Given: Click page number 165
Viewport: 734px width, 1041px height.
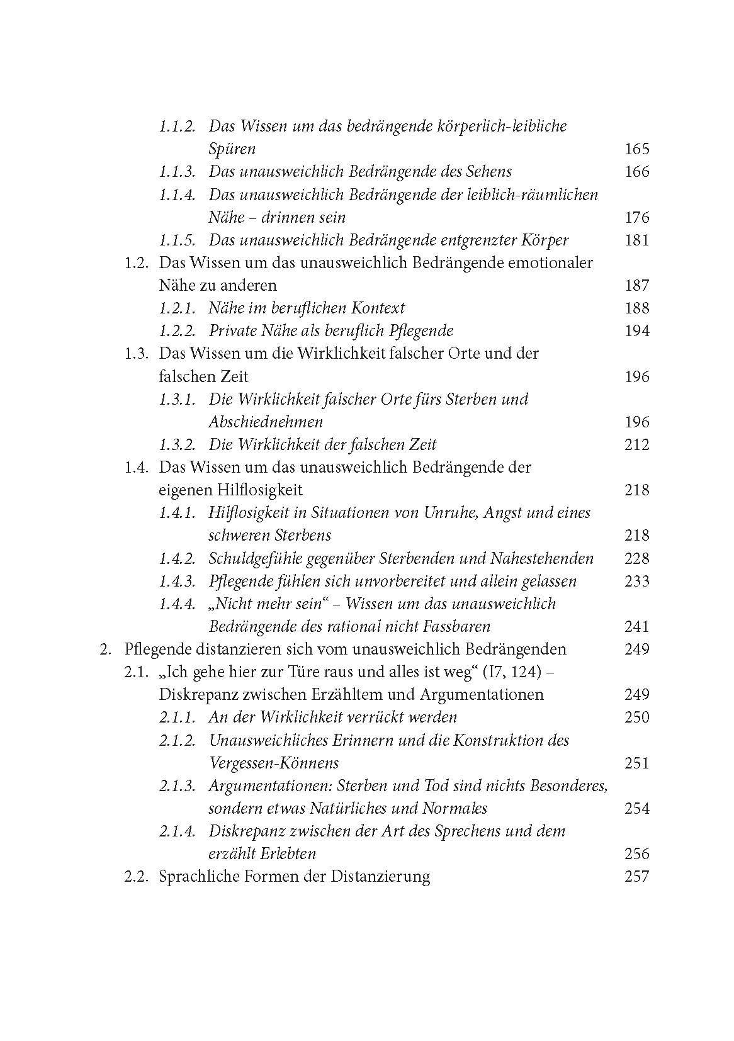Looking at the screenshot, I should [636, 149].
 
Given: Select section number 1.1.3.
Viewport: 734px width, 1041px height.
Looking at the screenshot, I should [177, 172].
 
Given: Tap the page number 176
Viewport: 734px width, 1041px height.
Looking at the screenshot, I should [636, 218].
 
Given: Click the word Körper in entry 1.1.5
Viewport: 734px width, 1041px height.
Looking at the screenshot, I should [544, 240].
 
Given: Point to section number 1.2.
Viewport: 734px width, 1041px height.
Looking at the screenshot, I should [136, 263].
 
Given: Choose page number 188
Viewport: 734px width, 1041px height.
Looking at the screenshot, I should [636, 308].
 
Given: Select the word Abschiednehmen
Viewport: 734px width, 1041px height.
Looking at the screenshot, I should [265, 422].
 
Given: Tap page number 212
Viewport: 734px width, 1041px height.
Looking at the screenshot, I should [636, 445].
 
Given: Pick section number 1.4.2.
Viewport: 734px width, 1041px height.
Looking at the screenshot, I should [177, 559].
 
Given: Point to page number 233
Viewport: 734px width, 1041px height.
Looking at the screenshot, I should [636, 582].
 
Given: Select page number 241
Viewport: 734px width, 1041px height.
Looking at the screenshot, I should [636, 627].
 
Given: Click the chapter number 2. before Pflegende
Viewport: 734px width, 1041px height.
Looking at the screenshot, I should [105, 650].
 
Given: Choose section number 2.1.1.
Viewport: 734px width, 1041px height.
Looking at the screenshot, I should [177, 717].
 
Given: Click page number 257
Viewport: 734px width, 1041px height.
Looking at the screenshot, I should [636, 877].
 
